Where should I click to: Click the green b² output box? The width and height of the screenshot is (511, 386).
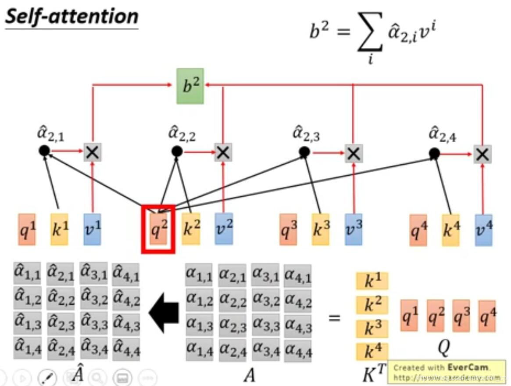coord(190,86)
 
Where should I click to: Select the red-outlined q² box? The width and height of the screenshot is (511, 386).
coord(158,229)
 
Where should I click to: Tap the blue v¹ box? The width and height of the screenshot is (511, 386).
coord(92,229)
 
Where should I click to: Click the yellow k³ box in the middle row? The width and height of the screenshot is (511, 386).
coord(321,229)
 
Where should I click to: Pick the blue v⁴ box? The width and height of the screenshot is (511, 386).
coord(483,229)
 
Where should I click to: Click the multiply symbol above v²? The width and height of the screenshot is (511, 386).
coord(223,152)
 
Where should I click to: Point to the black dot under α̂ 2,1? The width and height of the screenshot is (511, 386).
coord(44,151)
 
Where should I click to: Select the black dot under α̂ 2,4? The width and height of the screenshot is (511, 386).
coord(434,153)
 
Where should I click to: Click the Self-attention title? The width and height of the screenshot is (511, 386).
coord(71,16)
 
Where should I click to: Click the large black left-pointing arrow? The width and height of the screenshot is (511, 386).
coord(164,313)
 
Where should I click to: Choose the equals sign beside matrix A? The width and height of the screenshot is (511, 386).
coord(334,317)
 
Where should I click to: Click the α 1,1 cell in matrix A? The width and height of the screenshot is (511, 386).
coord(199,275)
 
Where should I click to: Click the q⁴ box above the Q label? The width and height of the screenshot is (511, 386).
coord(487,315)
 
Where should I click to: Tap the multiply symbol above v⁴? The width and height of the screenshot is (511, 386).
coord(482,154)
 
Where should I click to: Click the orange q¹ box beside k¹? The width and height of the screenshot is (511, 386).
coord(27,229)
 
